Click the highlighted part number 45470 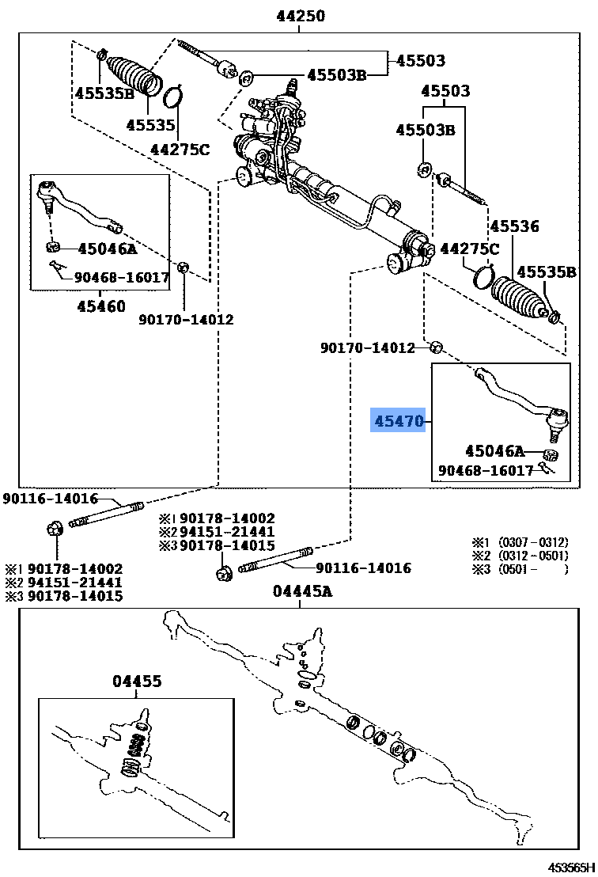[x=399, y=422]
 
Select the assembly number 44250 [x=300, y=16]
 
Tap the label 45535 [x=150, y=125]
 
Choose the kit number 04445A [x=301, y=591]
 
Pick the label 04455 [x=137, y=681]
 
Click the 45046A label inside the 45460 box [x=108, y=249]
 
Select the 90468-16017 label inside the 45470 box [x=486, y=471]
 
